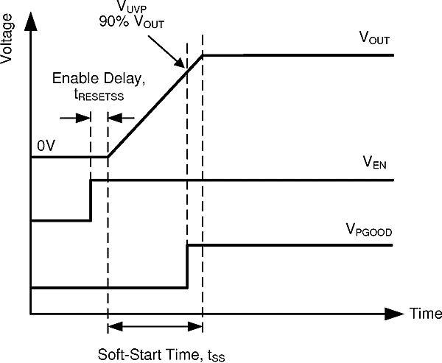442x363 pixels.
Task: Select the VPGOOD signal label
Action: tap(369, 231)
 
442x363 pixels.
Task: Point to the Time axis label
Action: tap(426, 314)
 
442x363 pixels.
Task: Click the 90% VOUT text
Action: tap(133, 21)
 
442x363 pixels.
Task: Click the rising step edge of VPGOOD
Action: tap(188, 266)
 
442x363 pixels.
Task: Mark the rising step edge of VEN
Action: tap(91, 200)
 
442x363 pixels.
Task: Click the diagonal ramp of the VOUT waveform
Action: tap(155, 106)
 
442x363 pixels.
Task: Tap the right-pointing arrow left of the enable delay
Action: tap(75, 117)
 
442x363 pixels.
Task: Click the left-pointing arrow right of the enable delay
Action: tap(122, 117)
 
